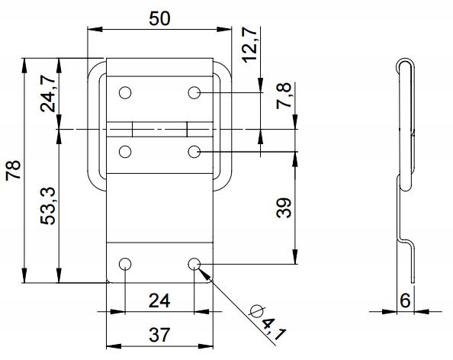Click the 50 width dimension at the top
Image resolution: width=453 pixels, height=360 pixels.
pyautogui.click(x=159, y=19)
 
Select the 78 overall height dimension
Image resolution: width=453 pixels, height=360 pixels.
pyautogui.click(x=14, y=170)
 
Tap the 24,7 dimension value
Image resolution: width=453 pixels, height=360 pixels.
pyautogui.click(x=48, y=93)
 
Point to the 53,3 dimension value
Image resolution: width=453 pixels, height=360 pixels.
pyautogui.click(x=48, y=206)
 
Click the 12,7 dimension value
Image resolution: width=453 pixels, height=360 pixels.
pyautogui.click(x=249, y=45)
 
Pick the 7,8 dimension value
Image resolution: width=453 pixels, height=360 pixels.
pyautogui.click(x=284, y=95)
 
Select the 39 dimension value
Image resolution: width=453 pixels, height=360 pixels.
pyautogui.click(x=284, y=207)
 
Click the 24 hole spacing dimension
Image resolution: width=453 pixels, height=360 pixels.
pyautogui.click(x=159, y=301)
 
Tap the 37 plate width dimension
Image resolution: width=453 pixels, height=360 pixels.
pyautogui.click(x=159, y=335)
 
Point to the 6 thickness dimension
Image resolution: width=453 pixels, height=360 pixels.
pyautogui.click(x=405, y=301)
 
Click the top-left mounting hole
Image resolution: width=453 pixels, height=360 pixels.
pyautogui.click(x=125, y=93)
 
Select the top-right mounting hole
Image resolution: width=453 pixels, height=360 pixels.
pyautogui.click(x=194, y=93)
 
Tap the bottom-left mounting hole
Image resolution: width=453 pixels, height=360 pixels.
pyautogui.click(x=125, y=264)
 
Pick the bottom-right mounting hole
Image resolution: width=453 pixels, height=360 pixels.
pyautogui.click(x=194, y=264)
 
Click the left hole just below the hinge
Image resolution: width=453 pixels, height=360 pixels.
pyautogui.click(x=125, y=152)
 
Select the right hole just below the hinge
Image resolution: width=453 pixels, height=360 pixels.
pyautogui.click(x=194, y=152)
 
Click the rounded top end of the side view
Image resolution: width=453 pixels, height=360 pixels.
pyautogui.click(x=404, y=61)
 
